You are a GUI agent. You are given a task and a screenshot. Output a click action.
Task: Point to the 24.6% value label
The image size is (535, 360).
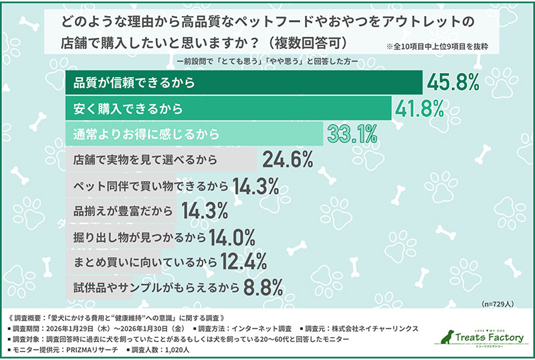(288, 159)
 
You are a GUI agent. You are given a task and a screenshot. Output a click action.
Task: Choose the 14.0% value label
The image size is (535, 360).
(233, 236)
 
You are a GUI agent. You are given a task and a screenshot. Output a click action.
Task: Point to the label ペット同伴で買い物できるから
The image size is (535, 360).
(150, 185)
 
